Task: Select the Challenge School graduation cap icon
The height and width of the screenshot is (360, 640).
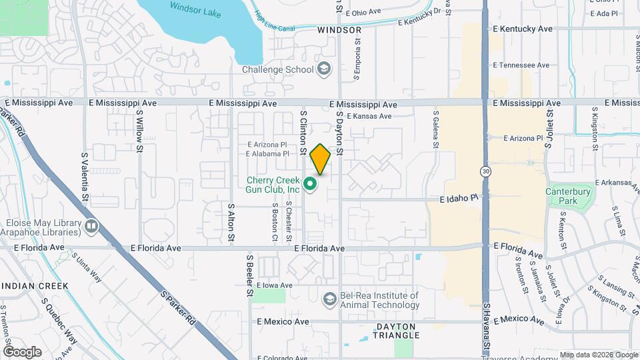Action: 324,69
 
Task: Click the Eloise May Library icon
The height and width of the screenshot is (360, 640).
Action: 91,227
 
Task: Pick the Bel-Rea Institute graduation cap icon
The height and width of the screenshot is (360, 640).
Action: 329,300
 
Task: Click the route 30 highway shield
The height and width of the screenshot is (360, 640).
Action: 486,171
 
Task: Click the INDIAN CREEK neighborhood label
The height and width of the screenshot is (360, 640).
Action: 34,286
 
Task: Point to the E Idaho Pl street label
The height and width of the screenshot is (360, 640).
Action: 459,198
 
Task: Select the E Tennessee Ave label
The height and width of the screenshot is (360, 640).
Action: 521,65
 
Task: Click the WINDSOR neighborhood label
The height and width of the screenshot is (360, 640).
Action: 339,30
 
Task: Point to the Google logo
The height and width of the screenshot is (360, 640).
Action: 22,351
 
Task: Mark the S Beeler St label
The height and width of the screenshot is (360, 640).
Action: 250,274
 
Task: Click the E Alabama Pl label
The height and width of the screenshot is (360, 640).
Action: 267,153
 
